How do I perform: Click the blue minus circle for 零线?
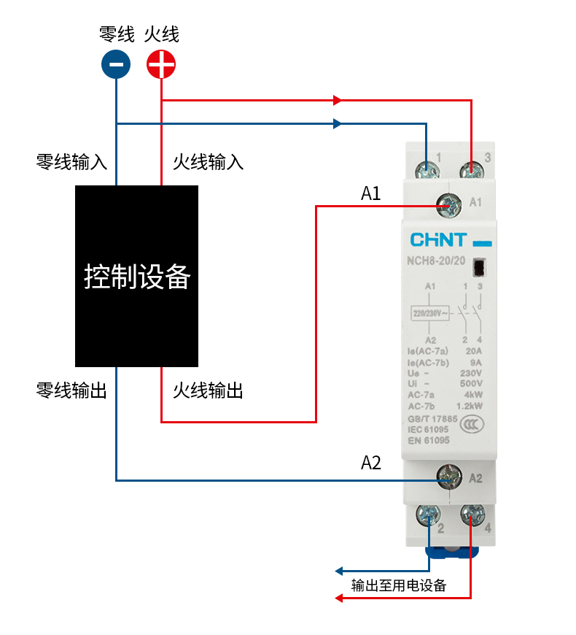[x=116, y=64]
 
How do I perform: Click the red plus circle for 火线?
[x=161, y=64]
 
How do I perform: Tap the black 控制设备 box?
[x=137, y=276]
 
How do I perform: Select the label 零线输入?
[x=71, y=161]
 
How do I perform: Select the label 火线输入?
[x=208, y=161]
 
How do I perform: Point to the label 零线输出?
[x=71, y=390]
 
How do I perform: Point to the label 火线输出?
[x=208, y=390]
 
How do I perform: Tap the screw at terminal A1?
[x=448, y=205]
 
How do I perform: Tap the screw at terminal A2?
[x=448, y=478]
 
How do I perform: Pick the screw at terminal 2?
[x=427, y=516]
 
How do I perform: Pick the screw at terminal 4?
[x=472, y=516]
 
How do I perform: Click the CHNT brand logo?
[x=437, y=240]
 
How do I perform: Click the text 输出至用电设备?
[x=398, y=585]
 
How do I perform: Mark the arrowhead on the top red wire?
[x=338, y=100]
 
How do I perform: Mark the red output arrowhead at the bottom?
[x=338, y=599]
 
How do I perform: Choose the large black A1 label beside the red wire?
[x=371, y=193]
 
